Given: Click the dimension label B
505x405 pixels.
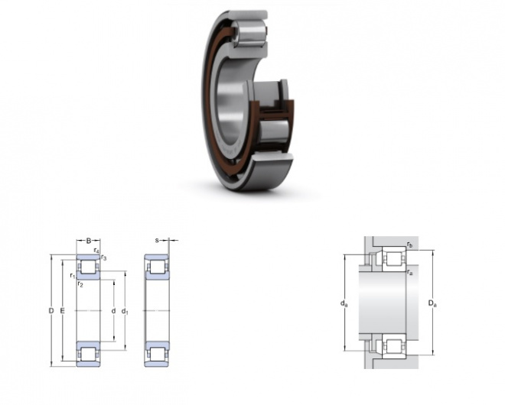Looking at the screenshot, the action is (89, 240).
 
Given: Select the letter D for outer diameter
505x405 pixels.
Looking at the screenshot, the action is (51, 311).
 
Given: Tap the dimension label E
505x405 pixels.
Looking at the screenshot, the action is (63, 311).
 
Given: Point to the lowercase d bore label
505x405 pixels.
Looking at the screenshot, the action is (113, 311).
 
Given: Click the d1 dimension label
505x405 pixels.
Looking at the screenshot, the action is (125, 311).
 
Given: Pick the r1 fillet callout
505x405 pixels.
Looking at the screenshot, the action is (73, 276).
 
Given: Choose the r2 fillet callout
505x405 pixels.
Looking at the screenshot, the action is (80, 284).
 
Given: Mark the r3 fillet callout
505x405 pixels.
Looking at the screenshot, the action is (104, 258).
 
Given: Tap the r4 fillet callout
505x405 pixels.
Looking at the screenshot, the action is (96, 251).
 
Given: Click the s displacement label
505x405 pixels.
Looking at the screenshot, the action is (157, 240).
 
